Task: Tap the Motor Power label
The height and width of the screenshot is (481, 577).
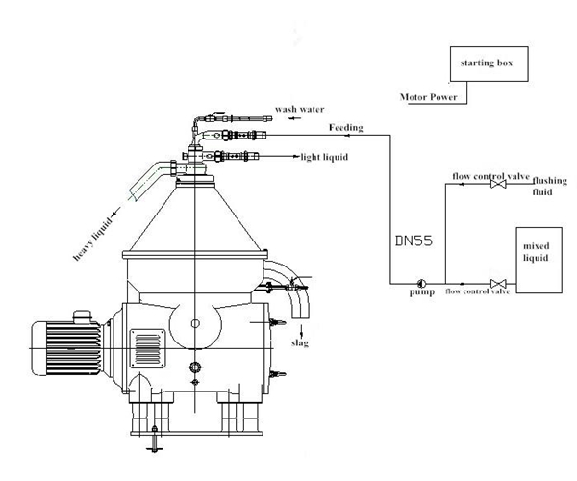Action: [429, 96]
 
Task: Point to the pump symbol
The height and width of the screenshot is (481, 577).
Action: [422, 283]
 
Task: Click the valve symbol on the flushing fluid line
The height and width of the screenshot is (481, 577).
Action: [496, 186]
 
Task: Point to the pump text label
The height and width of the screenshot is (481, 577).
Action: [423, 293]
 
